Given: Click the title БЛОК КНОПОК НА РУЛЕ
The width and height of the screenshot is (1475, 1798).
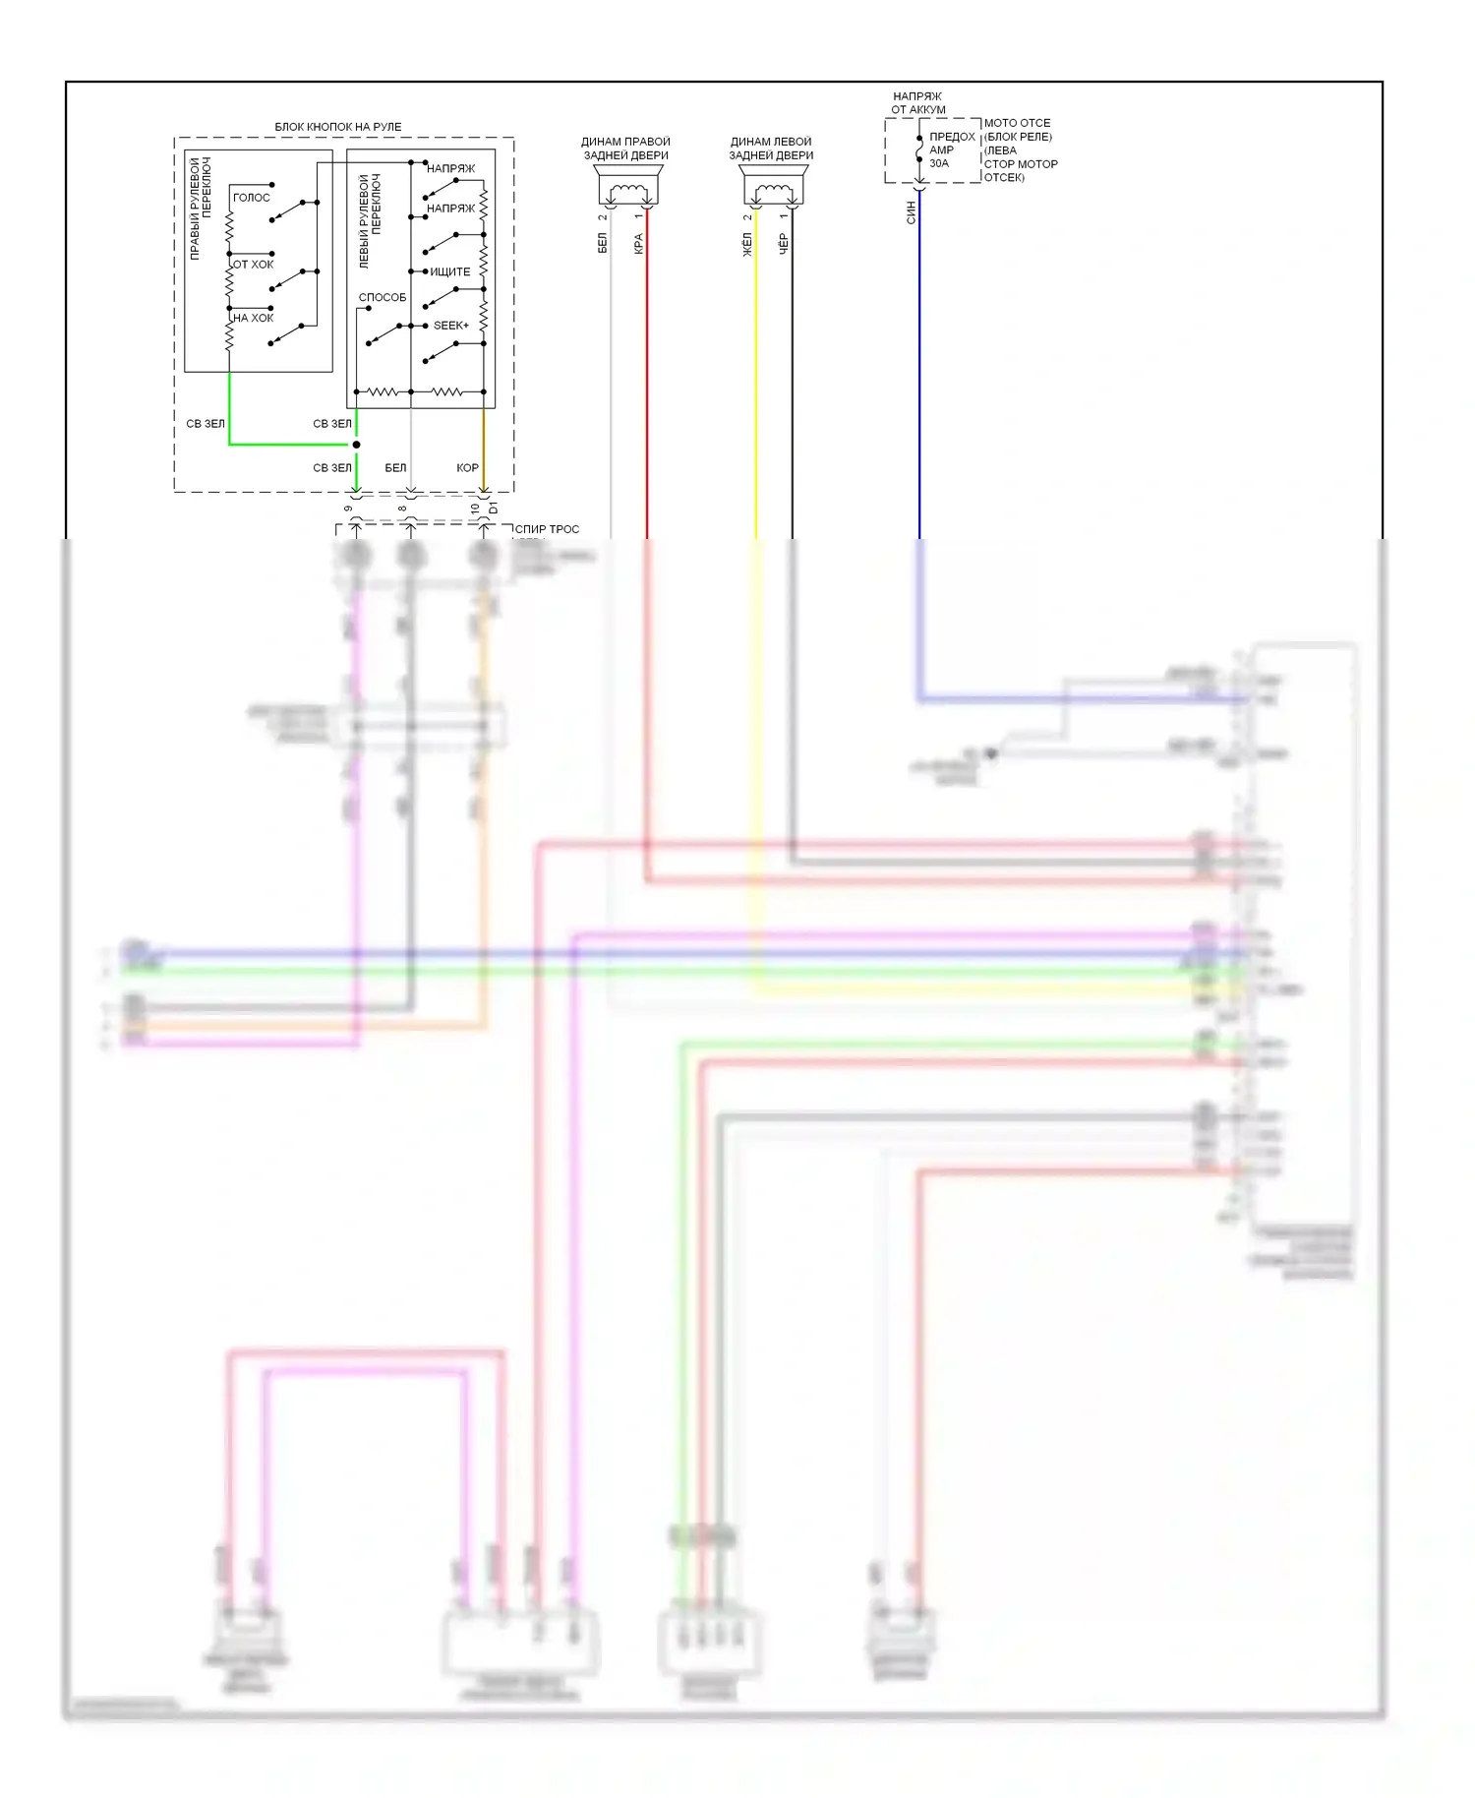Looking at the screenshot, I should (337, 127).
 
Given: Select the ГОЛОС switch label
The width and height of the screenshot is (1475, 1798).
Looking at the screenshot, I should (251, 198).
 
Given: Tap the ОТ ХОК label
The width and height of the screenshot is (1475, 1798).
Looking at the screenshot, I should (253, 265).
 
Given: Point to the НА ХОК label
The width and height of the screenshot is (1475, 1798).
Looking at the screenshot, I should (253, 318).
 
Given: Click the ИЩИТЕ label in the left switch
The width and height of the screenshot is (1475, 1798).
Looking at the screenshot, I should (449, 271).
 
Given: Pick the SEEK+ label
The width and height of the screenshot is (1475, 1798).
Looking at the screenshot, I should (450, 326).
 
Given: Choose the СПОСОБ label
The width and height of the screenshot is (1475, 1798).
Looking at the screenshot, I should (382, 297).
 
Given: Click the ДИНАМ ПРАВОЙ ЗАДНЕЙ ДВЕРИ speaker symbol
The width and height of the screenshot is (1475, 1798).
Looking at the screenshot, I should (626, 188).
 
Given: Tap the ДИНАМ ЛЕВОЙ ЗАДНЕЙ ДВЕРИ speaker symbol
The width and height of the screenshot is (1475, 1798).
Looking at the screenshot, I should (772, 188).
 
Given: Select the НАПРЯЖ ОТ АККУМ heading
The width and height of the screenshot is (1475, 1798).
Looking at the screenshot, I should (917, 103).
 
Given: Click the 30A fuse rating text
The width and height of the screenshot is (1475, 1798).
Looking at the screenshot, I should (939, 163).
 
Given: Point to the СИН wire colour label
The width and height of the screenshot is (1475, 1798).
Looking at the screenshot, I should (911, 212).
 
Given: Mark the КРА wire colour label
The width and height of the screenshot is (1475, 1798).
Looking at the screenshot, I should (638, 243).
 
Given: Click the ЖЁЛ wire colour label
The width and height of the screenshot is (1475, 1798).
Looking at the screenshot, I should (747, 244).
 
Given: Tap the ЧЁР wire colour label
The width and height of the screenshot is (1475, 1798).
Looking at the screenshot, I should (784, 244).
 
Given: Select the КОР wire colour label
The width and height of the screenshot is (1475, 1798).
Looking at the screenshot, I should (467, 468).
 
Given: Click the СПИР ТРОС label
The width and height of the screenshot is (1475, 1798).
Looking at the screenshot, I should (547, 529).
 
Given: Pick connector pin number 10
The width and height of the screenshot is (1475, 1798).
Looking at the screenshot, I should (475, 509).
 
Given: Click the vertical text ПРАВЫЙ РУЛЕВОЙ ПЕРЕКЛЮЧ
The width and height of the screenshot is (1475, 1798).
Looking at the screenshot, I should (200, 209).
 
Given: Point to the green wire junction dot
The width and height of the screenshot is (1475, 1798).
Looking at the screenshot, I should (356, 445).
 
